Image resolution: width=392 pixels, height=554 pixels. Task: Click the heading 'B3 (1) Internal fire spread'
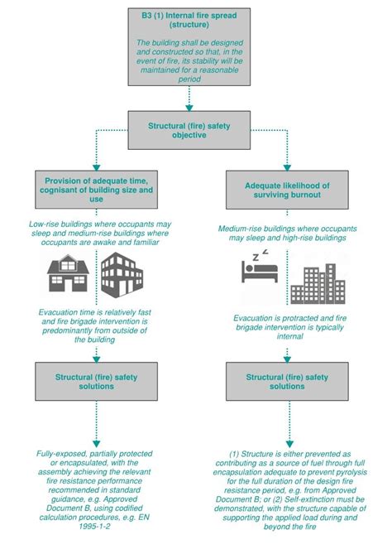pos(189,19)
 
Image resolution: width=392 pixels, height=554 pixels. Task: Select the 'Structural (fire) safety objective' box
pos(189,128)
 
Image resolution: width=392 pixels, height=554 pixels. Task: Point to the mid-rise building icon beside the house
pos(121,275)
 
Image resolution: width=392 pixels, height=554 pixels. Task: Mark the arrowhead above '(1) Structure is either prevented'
pos(289,445)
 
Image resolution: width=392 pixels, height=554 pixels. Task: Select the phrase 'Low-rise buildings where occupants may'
pos(93,224)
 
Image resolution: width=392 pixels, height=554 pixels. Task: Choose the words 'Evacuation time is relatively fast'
pos(93,312)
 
